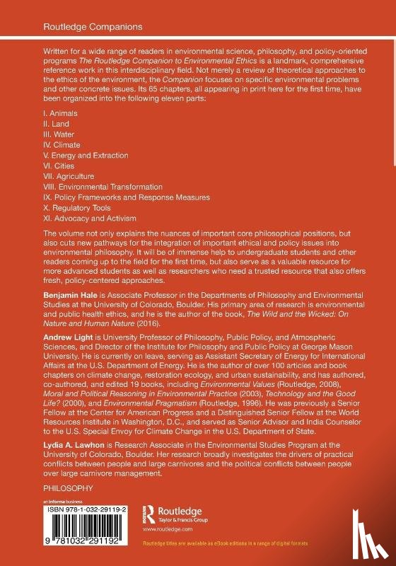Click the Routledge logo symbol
coord(149,514)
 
